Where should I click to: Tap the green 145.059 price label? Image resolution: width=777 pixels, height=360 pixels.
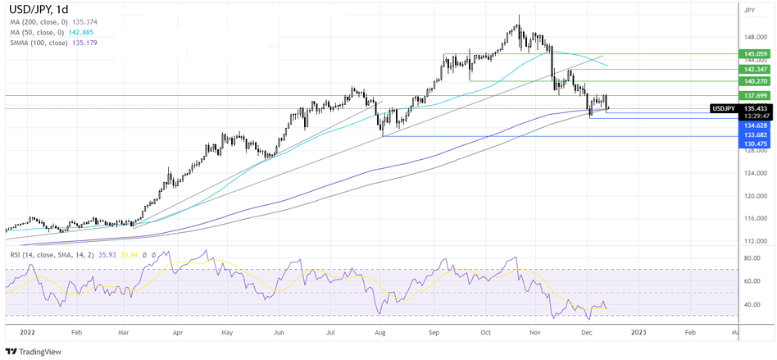click(x=754, y=53)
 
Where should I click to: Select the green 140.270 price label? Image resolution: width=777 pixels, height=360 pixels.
click(x=754, y=81)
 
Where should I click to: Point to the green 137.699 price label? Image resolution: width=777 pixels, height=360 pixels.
click(x=754, y=96)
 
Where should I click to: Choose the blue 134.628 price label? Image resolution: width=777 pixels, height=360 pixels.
click(x=754, y=125)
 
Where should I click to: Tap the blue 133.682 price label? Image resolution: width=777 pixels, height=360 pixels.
click(x=754, y=134)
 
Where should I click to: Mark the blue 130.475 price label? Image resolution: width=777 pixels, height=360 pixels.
click(x=754, y=144)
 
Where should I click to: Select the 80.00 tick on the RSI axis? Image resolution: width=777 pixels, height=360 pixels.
click(x=752, y=258)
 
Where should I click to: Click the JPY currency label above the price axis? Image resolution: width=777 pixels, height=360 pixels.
click(x=749, y=11)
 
